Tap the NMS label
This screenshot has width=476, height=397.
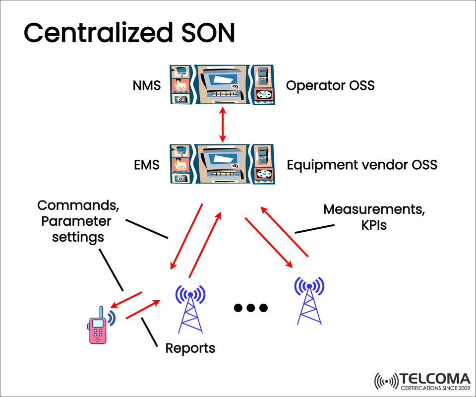(x=147, y=86)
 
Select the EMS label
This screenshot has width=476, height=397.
(x=147, y=164)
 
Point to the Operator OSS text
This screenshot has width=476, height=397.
(x=330, y=86)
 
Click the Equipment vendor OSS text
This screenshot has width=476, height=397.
(x=362, y=164)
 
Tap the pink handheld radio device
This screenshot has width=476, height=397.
(x=98, y=327)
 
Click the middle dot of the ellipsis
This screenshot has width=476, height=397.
(x=250, y=308)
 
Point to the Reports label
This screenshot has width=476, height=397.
(x=190, y=348)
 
